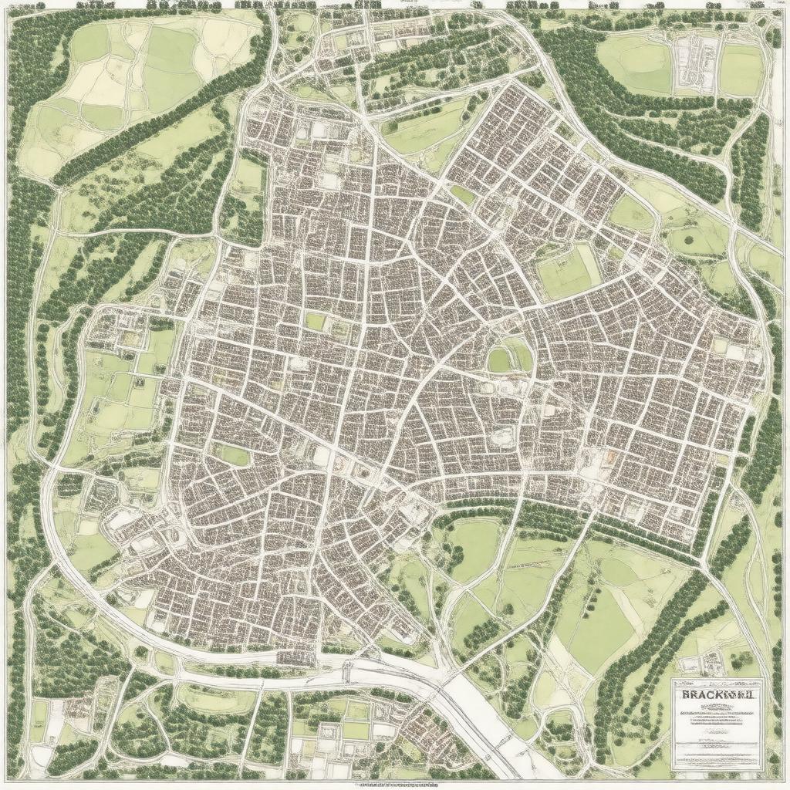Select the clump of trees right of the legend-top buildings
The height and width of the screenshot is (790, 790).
point(743,660)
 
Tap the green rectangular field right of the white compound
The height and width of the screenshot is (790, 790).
point(740,69)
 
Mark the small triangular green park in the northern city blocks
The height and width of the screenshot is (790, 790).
point(463,194)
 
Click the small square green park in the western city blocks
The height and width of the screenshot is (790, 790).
point(316,321)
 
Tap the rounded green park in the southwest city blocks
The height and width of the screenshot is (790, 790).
point(233,456)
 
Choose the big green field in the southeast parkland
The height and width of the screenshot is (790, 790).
point(598,629)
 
